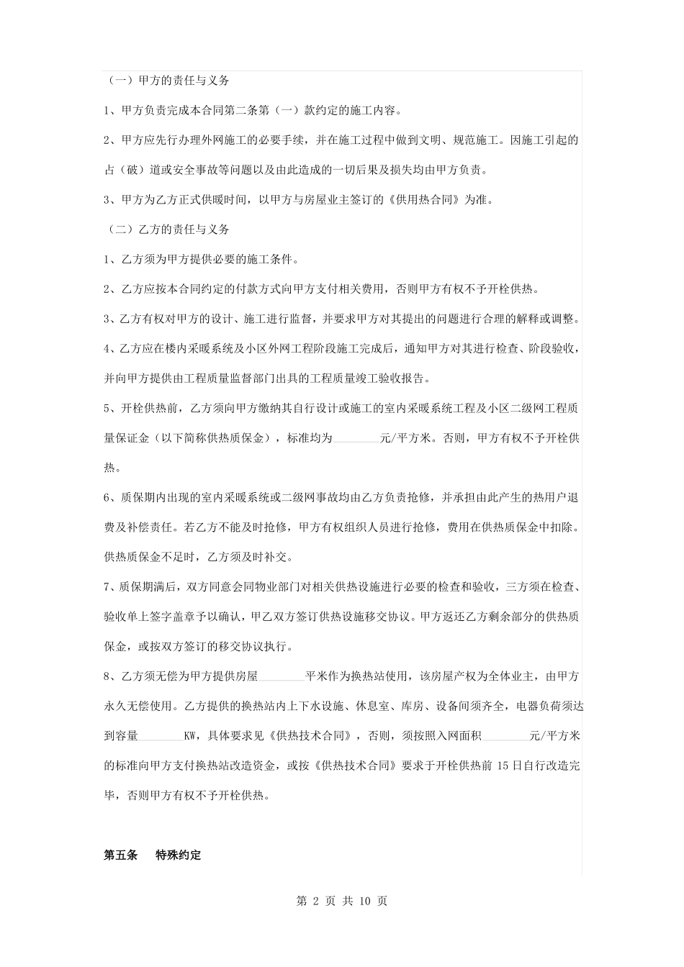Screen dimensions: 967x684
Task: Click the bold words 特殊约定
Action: [x=179, y=855]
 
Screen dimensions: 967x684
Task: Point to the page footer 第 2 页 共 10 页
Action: [x=342, y=901]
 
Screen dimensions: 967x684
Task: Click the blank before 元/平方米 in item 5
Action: [x=356, y=437]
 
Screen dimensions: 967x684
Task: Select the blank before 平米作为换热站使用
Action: [x=282, y=676]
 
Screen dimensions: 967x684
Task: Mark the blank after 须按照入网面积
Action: [x=505, y=736]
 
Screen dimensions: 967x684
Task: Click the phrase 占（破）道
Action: [x=133, y=171]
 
